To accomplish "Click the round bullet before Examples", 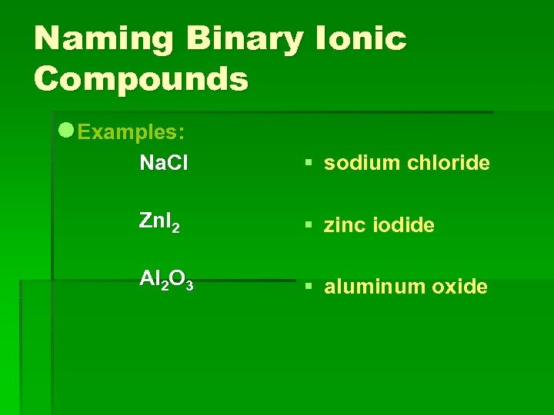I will click(67, 131).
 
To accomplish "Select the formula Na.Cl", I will click(163, 163).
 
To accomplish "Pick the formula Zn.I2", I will click(159, 222).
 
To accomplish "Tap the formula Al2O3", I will click(166, 281).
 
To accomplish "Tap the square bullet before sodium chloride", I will click(307, 163).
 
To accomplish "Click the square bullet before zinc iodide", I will click(307, 225).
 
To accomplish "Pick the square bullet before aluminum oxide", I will click(307, 287).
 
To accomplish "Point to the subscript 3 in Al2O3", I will click(189, 287).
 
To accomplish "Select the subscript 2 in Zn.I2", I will click(176, 227).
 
